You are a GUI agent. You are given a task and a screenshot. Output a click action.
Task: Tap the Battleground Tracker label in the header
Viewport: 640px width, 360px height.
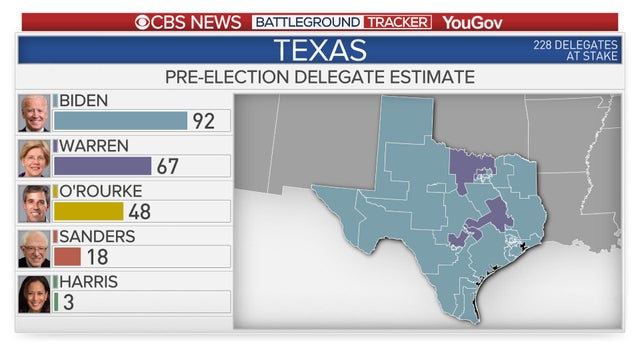342,21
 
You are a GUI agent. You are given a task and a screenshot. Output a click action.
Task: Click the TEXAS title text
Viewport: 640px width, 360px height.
320,50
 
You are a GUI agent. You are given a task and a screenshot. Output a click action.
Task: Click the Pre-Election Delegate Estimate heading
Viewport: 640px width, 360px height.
320,77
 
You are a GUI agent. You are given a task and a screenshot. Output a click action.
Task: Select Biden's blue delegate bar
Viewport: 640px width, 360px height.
120,121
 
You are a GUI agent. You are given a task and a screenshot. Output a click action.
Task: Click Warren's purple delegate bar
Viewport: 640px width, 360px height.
102,166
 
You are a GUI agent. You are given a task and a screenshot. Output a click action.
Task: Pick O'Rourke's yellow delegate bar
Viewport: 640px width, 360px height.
88,211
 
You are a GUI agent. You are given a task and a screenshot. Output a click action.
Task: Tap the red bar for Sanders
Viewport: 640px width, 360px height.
67,256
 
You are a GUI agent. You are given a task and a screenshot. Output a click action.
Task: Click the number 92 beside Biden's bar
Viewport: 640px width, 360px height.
204,121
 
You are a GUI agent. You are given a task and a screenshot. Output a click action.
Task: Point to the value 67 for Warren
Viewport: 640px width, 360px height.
167,166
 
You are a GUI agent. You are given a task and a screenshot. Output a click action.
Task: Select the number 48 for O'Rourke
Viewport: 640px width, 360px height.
139,211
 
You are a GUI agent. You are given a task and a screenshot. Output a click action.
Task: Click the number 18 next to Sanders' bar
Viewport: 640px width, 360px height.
96,256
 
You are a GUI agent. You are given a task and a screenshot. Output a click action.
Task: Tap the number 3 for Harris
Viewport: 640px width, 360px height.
68,301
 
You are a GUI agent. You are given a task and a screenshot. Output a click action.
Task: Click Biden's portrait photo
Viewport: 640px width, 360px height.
34,113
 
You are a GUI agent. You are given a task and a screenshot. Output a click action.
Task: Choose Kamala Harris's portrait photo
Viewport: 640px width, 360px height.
34,293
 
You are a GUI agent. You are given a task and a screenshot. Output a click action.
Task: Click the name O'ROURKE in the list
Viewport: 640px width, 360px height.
100,191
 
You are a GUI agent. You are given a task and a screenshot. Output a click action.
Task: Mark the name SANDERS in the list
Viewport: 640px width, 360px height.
97,236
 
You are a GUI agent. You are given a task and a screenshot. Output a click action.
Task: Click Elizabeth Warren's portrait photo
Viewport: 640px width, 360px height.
34,158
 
